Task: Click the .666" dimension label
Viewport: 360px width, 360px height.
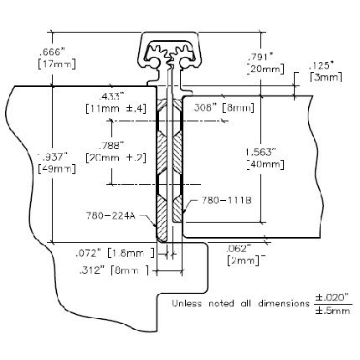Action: point(52,52)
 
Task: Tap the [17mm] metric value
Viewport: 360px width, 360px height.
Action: point(57,64)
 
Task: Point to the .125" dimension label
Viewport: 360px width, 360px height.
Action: point(321,66)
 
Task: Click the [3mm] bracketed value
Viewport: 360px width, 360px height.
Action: point(326,77)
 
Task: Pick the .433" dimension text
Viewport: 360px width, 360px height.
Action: point(111,96)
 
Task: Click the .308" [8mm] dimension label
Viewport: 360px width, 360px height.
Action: point(223,107)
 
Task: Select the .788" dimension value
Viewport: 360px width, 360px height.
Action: point(111,146)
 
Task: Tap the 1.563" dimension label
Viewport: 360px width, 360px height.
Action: point(261,152)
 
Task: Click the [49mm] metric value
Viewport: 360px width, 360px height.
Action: point(57,168)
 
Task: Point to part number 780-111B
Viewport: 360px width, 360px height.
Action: point(227,200)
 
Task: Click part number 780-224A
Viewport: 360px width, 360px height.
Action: point(111,216)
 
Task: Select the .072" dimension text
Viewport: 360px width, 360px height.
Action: point(88,254)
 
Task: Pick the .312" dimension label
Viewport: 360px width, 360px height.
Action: point(92,270)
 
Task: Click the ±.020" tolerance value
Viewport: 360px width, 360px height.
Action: point(332,297)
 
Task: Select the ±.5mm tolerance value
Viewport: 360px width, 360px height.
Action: point(332,311)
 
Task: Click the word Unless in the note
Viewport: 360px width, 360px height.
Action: point(187,303)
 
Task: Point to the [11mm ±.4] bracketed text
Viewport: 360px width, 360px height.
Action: point(116,108)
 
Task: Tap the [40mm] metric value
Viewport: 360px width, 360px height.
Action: point(265,164)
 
